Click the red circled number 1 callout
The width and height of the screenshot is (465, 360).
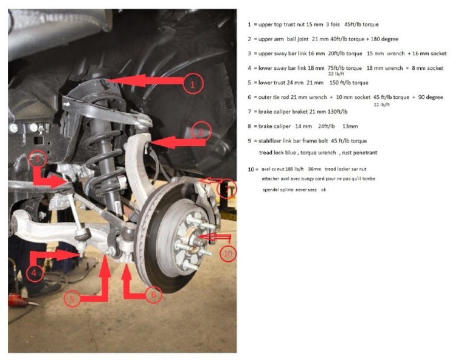click(193, 84)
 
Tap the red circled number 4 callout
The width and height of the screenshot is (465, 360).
click(36, 273)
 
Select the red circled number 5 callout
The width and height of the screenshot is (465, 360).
click(72, 298)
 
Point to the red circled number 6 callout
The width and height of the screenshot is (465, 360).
click(153, 295)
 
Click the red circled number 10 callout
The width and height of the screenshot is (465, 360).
click(228, 253)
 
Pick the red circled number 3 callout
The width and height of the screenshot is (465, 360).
click(38, 159)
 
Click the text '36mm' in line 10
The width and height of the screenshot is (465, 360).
click(314, 169)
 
